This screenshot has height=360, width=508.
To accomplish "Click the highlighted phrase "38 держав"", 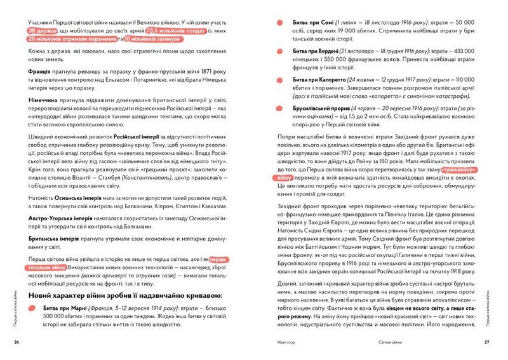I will click(x=43, y=30).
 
